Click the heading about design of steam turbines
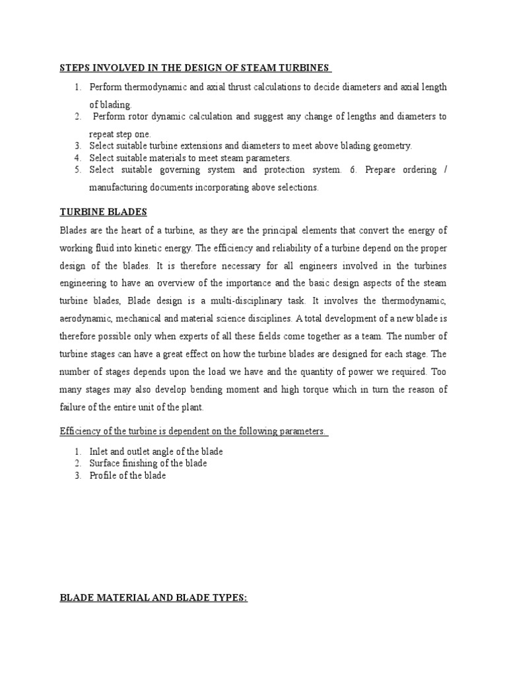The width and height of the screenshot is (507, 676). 195,68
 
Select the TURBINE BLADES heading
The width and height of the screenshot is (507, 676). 103,212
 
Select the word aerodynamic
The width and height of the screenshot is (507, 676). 85,319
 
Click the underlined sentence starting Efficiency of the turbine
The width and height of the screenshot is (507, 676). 194,432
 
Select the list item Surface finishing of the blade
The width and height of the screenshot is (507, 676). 149,463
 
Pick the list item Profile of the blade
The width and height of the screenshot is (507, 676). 128,475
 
